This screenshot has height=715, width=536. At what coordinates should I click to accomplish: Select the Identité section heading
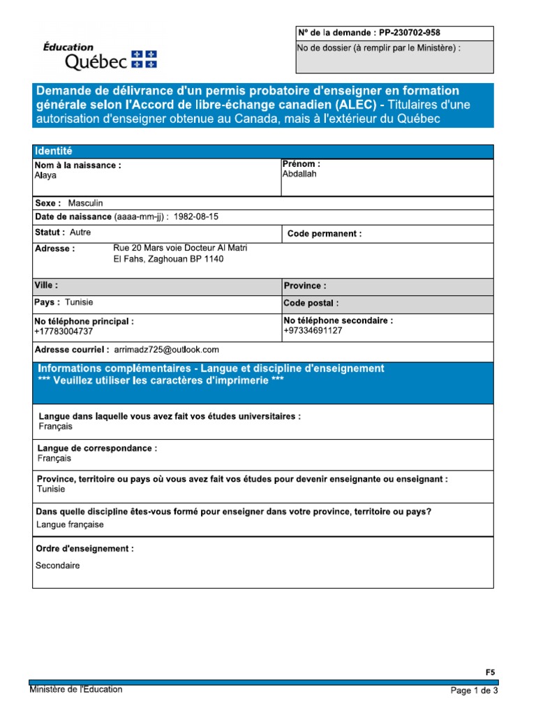(54, 152)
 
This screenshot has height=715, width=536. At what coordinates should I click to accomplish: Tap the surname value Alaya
(45, 176)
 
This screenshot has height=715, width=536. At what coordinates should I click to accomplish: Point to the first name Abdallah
(299, 174)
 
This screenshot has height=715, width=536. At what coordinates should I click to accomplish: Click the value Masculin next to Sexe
(85, 202)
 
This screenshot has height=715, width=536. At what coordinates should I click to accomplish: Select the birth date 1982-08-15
(197, 217)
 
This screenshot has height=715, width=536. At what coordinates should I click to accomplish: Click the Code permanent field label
(325, 234)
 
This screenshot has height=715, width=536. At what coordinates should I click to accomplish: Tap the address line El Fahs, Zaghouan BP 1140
(169, 259)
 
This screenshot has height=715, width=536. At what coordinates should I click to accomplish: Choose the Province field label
(305, 286)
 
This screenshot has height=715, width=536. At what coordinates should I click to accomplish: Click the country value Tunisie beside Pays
(79, 302)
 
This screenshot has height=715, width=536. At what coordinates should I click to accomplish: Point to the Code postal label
(311, 304)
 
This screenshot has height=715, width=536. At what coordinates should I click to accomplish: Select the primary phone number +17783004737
(64, 332)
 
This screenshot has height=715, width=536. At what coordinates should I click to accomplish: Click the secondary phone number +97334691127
(313, 330)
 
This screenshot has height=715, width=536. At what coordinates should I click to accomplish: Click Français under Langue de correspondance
(54, 459)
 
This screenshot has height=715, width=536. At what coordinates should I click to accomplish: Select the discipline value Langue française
(70, 524)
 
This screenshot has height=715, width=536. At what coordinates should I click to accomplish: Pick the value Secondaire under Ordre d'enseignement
(58, 566)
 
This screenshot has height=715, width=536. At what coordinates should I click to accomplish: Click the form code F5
(490, 672)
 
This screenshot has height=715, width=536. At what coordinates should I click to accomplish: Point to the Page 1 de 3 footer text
(475, 691)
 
